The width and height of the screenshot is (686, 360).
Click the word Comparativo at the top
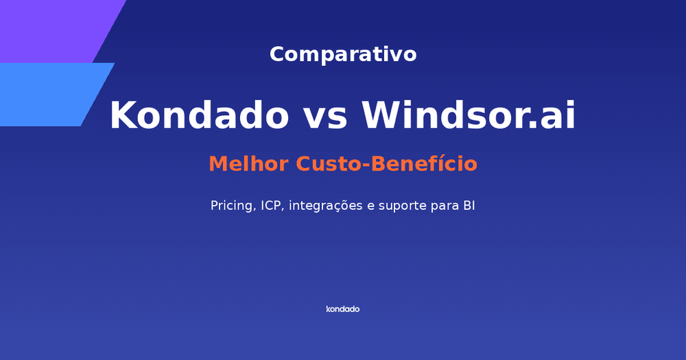[x=343, y=54]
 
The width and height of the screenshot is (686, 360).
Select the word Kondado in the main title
[x=199, y=115]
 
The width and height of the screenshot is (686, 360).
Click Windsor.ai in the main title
[x=469, y=115]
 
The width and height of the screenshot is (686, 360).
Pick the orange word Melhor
[x=249, y=165]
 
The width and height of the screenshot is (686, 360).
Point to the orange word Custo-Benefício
[x=386, y=165]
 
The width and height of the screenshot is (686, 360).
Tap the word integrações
[x=325, y=206]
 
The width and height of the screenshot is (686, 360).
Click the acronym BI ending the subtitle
[x=469, y=206]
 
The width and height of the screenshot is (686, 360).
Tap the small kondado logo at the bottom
[x=343, y=309]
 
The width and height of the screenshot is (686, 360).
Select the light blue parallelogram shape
[x=48, y=95]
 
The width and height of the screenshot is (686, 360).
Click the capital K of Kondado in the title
[x=123, y=115]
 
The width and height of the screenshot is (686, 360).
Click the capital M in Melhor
[x=217, y=165]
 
